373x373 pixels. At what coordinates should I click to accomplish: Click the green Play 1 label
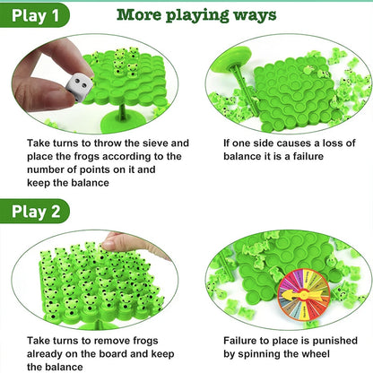coord(35,16)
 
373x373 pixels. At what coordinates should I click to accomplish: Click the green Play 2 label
coord(37,211)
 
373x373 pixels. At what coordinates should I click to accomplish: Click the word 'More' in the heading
coord(142,16)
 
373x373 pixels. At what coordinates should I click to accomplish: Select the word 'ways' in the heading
coord(255,16)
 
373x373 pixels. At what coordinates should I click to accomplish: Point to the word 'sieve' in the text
coord(172,143)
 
